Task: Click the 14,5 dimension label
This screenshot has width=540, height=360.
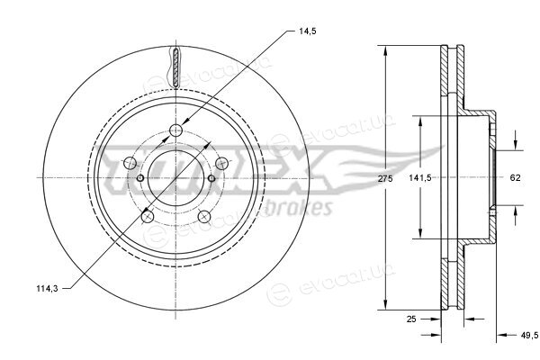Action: click(308, 31)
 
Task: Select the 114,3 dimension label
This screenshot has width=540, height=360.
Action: click(47, 289)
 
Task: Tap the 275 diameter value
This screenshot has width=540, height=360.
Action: click(385, 178)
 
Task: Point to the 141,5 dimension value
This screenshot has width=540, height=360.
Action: click(420, 178)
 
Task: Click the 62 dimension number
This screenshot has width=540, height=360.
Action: click(515, 178)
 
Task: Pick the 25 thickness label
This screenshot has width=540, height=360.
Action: click(411, 319)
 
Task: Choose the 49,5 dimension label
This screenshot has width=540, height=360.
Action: click(529, 335)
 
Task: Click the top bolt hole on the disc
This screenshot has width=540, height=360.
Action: click(176, 130)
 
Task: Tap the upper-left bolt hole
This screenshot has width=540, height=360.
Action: click(130, 163)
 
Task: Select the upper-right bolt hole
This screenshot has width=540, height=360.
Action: click(221, 163)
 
